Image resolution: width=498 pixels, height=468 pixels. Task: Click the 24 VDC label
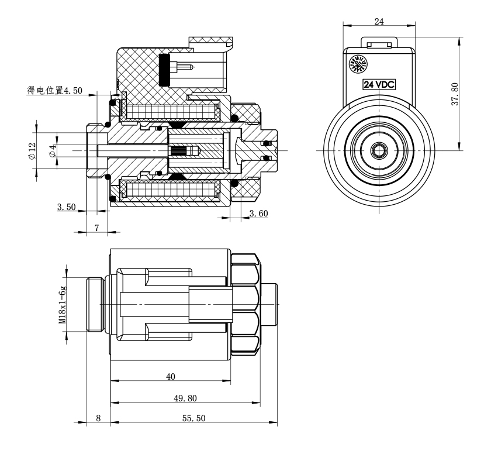[x=379, y=84]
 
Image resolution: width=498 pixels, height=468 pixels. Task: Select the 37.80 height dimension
[x=455, y=93]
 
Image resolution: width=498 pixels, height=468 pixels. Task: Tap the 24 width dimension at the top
[x=379, y=22]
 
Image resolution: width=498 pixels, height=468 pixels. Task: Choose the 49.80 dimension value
[x=185, y=398]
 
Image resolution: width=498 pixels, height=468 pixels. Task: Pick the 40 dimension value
[x=171, y=377]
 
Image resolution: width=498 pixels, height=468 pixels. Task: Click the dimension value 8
[x=98, y=419]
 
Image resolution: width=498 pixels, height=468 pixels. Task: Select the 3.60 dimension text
[x=258, y=214]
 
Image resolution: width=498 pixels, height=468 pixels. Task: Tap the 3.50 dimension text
[x=67, y=207]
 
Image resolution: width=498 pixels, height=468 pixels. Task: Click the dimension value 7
[x=96, y=228]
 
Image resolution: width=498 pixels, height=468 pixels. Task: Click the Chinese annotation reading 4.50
[x=55, y=90]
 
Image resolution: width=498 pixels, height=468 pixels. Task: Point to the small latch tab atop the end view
[x=379, y=44]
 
